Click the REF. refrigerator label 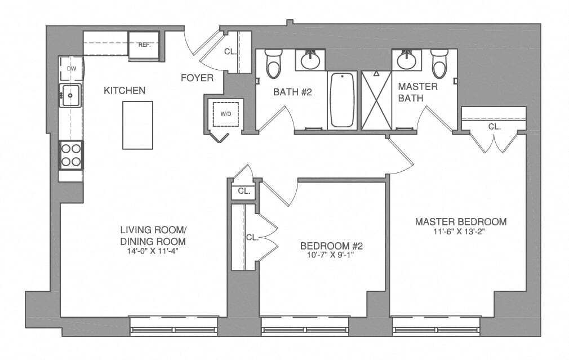coord(144,45)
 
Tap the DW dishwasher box coord(72,69)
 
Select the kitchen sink coord(71,96)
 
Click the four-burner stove coord(71,155)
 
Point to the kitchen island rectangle coord(137,125)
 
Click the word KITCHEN coord(125,90)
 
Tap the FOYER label coord(197,78)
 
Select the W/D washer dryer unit coord(225,114)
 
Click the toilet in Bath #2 coord(274,64)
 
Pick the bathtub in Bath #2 coord(342,99)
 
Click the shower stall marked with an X coord(376,100)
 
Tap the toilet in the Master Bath coord(439,64)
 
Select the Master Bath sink coord(406,59)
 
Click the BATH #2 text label coord(292,92)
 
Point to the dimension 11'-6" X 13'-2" coord(460,232)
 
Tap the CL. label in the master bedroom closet coord(494,127)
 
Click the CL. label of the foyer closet coord(230,51)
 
